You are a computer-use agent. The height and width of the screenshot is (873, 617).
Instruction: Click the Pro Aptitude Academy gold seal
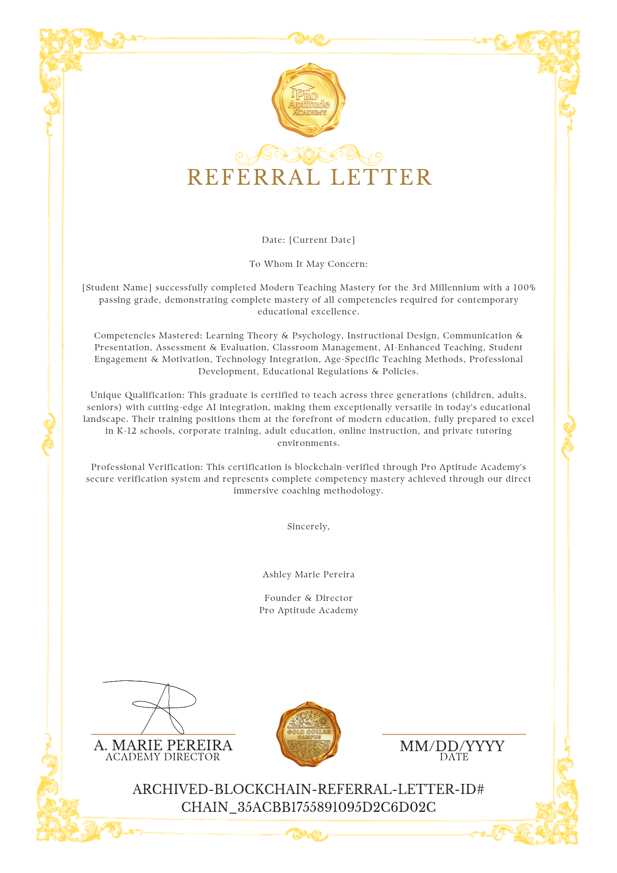click(x=308, y=100)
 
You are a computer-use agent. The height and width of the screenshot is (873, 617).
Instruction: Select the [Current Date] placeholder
click(x=322, y=240)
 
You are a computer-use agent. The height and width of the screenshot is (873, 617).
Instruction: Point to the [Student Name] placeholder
click(x=117, y=287)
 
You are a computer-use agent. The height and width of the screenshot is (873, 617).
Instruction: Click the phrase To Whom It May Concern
click(x=308, y=264)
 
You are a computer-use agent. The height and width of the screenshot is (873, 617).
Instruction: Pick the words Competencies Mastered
click(x=147, y=335)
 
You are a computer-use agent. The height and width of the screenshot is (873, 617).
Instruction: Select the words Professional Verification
click(x=147, y=467)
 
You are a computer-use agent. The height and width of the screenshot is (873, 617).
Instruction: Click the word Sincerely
click(x=308, y=526)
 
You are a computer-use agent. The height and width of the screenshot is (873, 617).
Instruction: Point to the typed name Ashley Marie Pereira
click(x=308, y=574)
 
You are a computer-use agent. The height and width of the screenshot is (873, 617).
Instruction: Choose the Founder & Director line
click(x=308, y=598)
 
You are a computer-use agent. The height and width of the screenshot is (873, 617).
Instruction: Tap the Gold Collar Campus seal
click(x=308, y=734)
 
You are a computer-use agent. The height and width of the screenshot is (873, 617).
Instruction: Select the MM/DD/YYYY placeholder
click(x=452, y=746)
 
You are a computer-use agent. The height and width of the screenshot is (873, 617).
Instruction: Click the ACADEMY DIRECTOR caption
click(x=163, y=757)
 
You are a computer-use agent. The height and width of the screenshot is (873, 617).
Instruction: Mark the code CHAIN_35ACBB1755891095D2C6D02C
click(x=308, y=807)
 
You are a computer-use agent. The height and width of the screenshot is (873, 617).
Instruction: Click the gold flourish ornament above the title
click(x=308, y=155)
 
